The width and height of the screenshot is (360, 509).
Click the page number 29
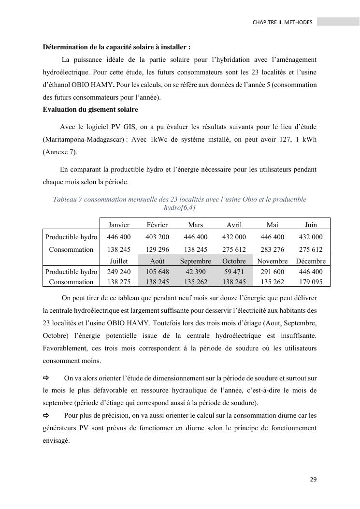point(313,480)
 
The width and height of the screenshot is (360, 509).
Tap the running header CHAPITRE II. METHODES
point(282,22)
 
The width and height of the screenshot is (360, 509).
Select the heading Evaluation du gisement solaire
point(90,110)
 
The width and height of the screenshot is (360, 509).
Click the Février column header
point(157,225)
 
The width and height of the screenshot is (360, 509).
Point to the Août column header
point(157,261)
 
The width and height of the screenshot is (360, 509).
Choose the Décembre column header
point(311,261)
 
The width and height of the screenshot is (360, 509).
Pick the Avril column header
point(234,225)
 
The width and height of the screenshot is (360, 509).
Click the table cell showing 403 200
point(157,237)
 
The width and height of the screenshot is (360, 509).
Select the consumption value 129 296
point(157,249)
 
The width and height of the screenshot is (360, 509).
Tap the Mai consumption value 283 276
point(273,249)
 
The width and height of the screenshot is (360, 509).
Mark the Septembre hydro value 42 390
point(195,272)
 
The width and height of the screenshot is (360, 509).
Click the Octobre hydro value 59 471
point(234,272)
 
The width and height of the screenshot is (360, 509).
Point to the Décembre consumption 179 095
point(311,282)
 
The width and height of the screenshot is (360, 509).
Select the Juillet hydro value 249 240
point(119,272)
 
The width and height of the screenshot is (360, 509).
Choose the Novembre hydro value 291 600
point(273,272)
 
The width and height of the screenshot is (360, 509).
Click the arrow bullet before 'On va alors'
point(46,378)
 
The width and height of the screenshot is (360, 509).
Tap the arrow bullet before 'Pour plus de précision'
point(46,415)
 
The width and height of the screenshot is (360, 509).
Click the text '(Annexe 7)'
point(59,152)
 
